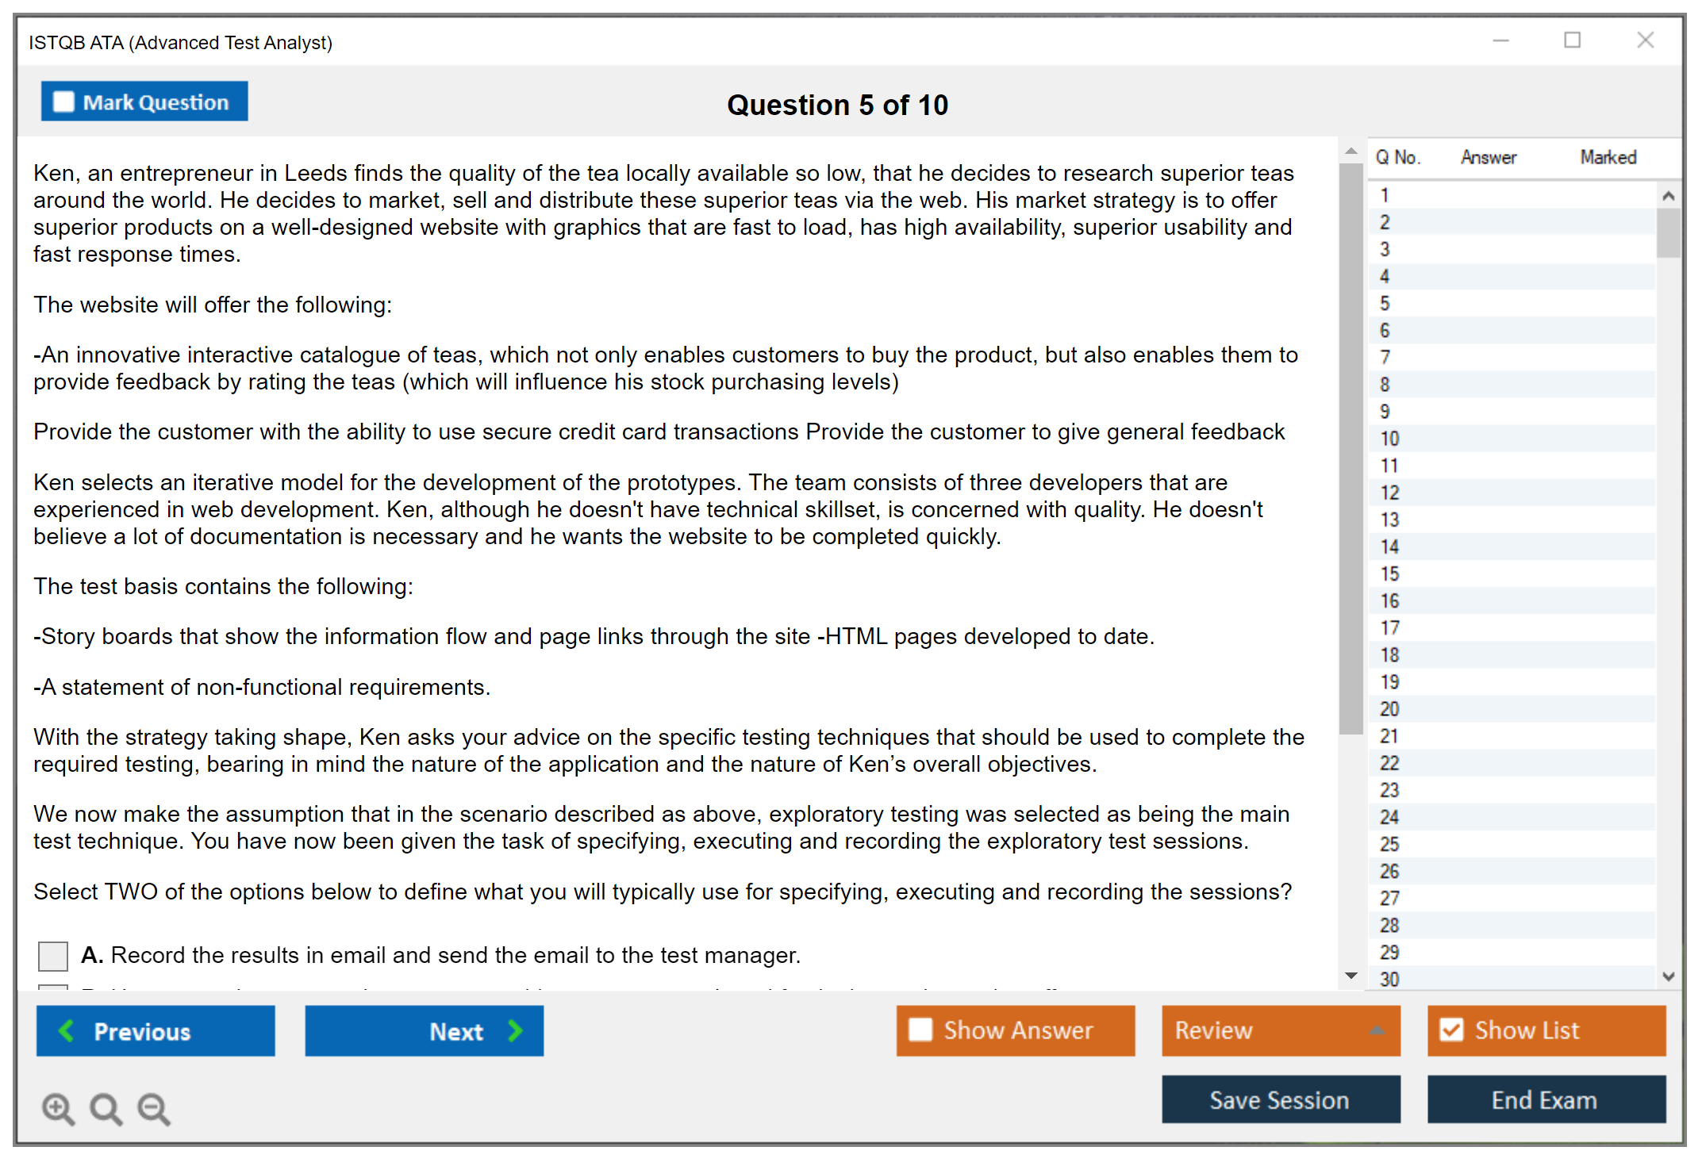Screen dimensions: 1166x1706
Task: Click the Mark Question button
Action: point(144,102)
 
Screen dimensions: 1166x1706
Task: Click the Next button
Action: point(424,1030)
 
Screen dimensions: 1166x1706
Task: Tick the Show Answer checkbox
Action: point(920,1030)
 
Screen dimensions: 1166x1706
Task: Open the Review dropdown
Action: point(1280,1030)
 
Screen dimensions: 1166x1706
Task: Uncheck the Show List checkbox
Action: point(1451,1030)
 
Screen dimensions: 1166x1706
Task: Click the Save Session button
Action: point(1280,1099)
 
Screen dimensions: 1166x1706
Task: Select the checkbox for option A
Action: point(53,955)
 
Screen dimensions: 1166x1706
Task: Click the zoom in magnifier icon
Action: point(58,1108)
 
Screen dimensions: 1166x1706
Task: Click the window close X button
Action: point(1645,40)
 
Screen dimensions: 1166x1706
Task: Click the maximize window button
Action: point(1572,40)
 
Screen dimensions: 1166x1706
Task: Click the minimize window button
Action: point(1500,40)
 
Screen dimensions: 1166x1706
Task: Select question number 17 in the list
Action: point(1389,628)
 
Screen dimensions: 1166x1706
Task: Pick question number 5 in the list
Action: point(1385,304)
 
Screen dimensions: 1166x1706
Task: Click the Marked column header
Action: point(1608,157)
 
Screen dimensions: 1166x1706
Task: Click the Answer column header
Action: point(1488,157)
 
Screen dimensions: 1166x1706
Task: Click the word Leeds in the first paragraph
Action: point(316,173)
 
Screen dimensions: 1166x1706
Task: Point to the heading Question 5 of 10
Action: point(837,105)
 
